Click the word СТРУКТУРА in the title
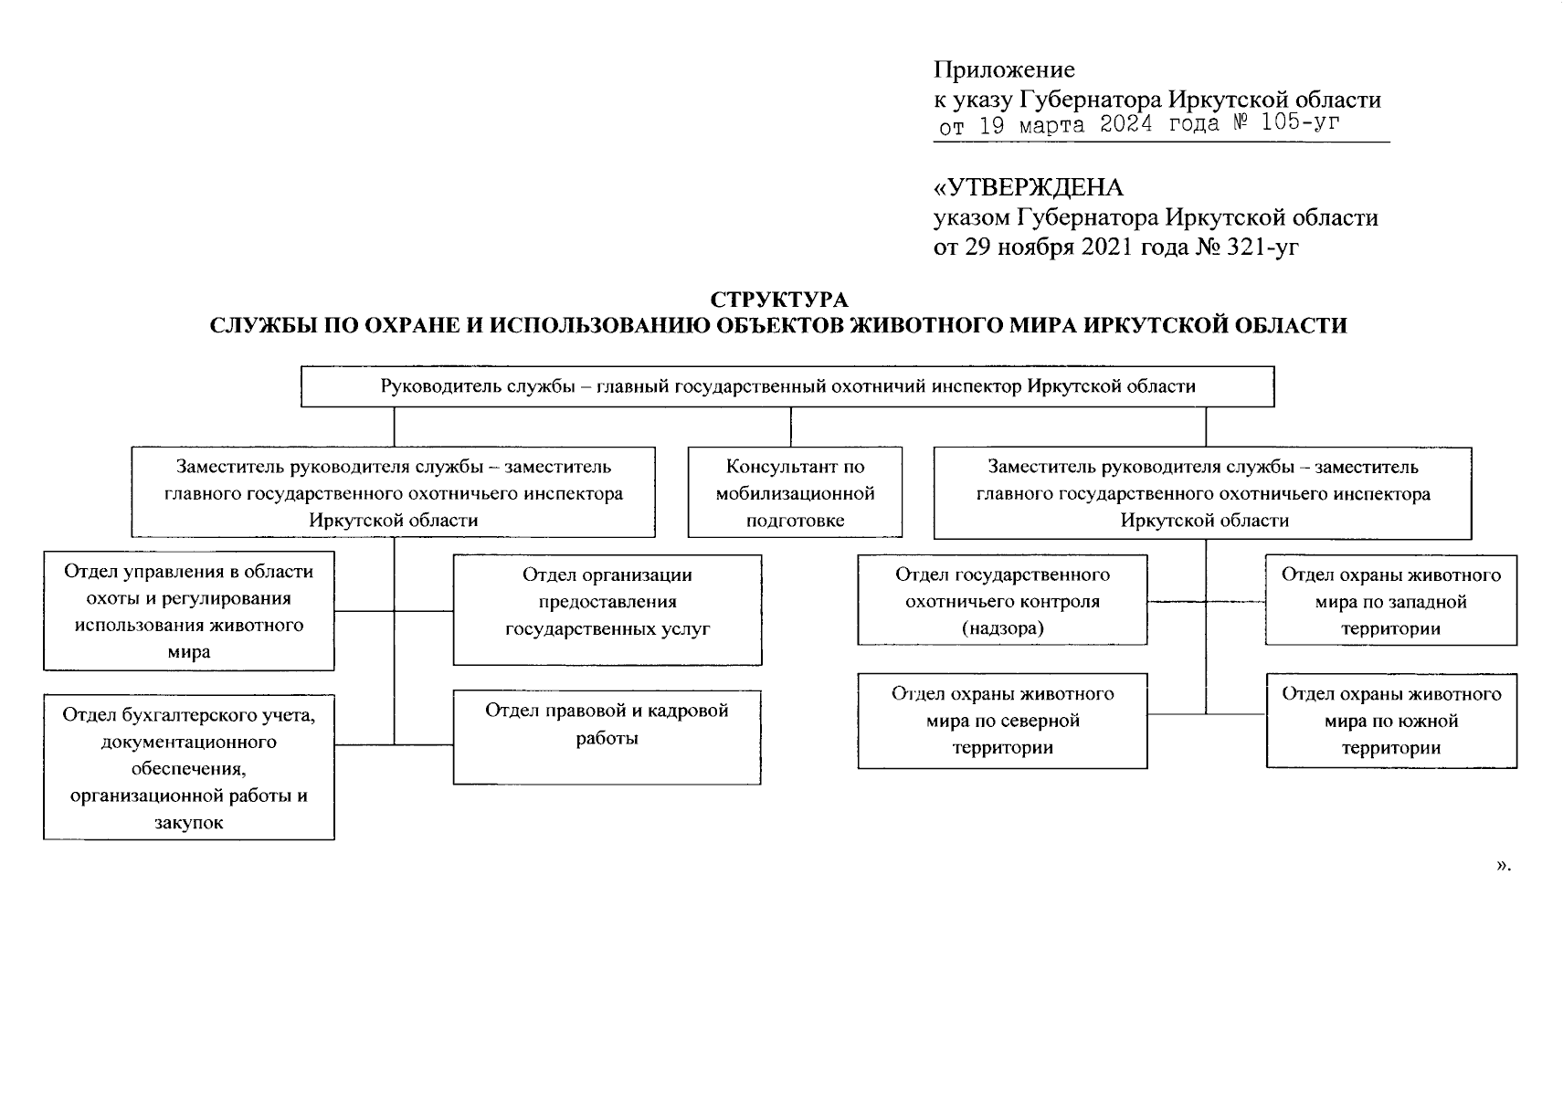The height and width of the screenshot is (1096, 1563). click(778, 300)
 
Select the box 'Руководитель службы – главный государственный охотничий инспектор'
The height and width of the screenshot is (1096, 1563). click(787, 386)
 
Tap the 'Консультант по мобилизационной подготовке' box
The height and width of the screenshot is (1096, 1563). click(795, 492)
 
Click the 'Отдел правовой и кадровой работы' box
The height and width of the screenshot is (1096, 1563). click(607, 736)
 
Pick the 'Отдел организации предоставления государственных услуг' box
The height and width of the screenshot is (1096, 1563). click(607, 609)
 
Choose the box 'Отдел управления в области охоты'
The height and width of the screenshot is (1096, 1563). click(189, 610)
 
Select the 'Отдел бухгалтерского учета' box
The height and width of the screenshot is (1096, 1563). click(189, 767)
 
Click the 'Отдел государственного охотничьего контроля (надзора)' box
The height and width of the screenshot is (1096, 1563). click(1002, 600)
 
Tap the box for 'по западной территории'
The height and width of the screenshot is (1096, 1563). click(1390, 600)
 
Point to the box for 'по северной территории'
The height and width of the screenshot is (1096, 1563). click(1002, 721)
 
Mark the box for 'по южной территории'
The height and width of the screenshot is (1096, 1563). click(1390, 721)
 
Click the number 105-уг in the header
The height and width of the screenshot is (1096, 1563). click(1300, 123)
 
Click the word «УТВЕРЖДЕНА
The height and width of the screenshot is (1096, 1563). click(1028, 188)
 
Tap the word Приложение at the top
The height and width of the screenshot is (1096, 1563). click(1004, 69)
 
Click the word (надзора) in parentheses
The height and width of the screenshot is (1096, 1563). click(1002, 628)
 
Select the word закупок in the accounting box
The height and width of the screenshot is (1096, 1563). click(189, 822)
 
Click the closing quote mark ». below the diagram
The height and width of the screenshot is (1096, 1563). click(1504, 865)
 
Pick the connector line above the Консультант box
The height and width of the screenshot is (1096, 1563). click(791, 427)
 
